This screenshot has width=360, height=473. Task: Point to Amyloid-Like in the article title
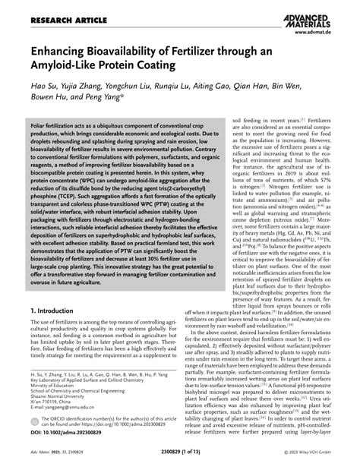65,66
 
